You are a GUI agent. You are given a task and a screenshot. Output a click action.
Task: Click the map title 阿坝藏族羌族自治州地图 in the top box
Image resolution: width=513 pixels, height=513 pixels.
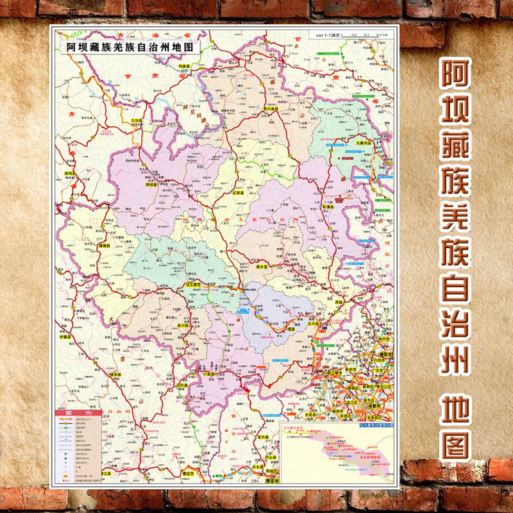pos(129,47)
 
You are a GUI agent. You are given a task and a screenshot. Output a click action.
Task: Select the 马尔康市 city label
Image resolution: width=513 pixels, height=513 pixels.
pos(192,284)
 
